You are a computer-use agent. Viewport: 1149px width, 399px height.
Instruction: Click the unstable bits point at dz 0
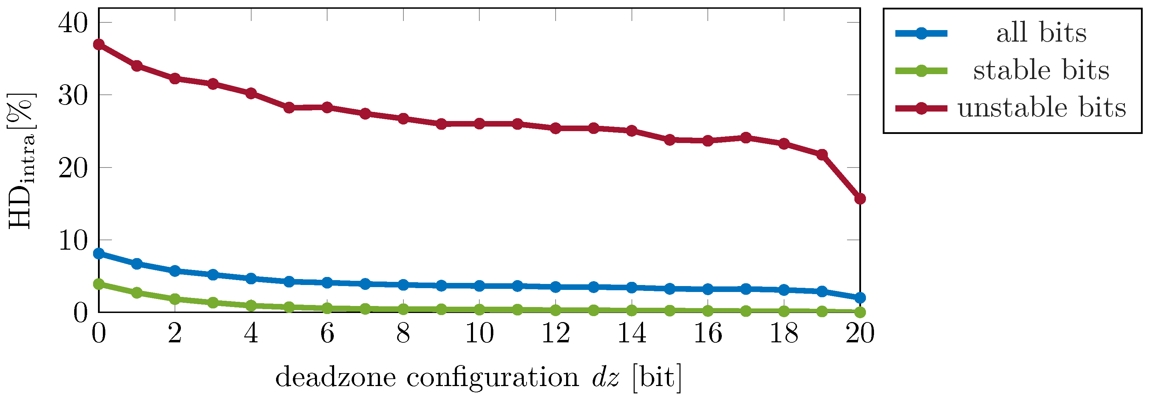click(x=99, y=44)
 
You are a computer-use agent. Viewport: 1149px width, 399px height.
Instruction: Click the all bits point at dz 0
click(x=99, y=254)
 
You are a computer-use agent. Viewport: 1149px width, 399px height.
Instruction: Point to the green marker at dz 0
click(x=99, y=284)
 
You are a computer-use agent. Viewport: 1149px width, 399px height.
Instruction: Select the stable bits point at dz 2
click(x=175, y=299)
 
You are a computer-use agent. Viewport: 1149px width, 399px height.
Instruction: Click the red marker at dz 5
click(x=289, y=107)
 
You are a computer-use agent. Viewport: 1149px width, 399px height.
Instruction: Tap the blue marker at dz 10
click(x=479, y=286)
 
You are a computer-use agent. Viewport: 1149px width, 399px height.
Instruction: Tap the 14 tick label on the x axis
click(x=632, y=333)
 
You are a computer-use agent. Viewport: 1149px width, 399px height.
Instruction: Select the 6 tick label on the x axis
click(x=327, y=333)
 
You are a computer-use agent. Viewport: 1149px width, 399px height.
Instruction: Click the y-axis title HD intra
click(x=21, y=161)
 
